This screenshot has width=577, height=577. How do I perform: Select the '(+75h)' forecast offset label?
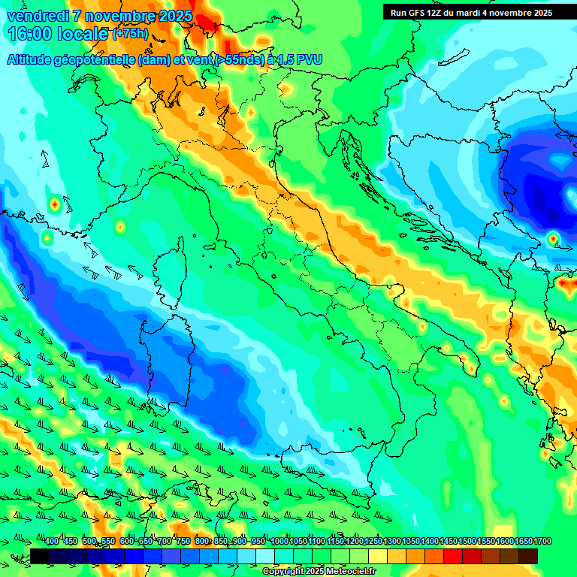(129, 34)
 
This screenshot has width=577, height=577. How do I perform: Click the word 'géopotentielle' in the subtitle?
(96, 60)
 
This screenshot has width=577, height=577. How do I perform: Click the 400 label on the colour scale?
(52, 542)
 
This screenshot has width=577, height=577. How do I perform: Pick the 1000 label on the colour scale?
(279, 542)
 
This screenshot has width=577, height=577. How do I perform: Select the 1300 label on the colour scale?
(392, 542)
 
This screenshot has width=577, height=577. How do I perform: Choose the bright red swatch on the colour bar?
(453, 556)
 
